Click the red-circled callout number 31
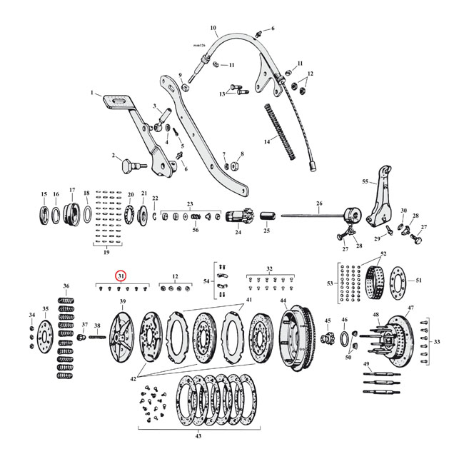click(x=121, y=276)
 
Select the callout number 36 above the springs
click(x=66, y=286)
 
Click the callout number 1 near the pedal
click(x=92, y=93)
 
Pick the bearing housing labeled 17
click(x=71, y=214)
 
